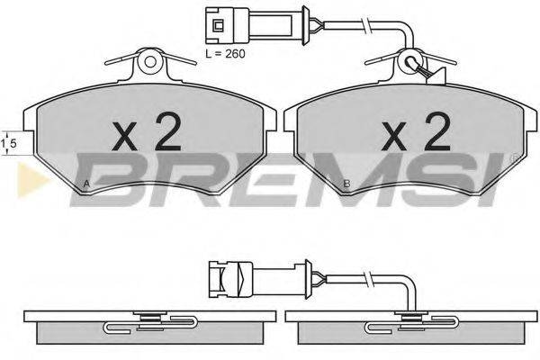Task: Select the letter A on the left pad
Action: tap(86, 184)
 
